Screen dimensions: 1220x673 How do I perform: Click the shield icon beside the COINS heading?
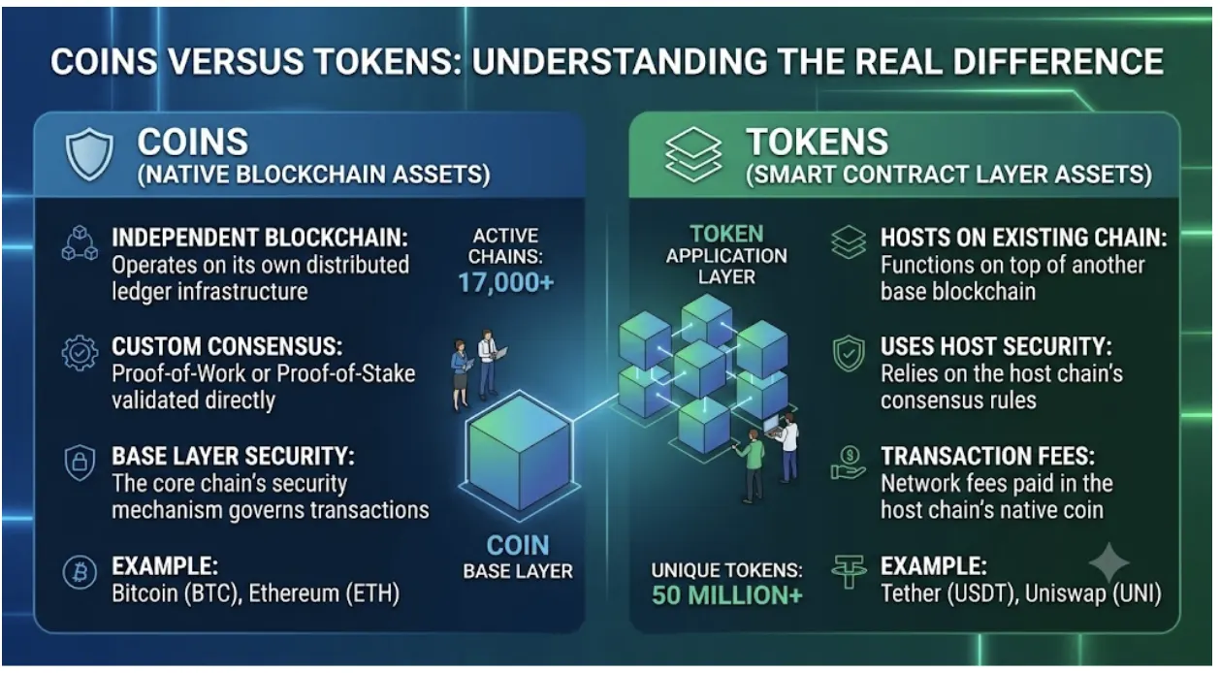click(89, 154)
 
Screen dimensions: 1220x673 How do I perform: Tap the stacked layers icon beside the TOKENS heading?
click(693, 154)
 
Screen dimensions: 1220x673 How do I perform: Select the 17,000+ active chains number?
click(506, 282)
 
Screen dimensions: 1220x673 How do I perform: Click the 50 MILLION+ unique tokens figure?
click(727, 595)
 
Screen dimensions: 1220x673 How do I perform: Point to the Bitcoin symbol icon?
click(80, 572)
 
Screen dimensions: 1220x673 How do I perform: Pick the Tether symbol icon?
click(849, 571)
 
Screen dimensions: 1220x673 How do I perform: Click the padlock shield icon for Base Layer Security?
click(80, 463)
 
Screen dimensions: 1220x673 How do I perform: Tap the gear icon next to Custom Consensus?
click(80, 353)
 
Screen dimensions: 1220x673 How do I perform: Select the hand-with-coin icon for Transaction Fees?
click(849, 463)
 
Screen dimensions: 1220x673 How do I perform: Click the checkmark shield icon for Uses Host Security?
click(849, 353)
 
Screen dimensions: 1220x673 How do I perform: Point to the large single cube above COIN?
click(519, 453)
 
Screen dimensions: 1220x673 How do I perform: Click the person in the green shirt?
click(752, 465)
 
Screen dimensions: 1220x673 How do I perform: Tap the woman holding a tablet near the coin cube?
click(461, 374)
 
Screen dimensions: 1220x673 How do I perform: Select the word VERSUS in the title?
click(236, 61)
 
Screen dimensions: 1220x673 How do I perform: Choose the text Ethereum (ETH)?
click(324, 593)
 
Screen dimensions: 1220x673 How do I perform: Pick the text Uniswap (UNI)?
click(1093, 593)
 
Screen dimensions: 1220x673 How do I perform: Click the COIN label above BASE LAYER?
click(518, 545)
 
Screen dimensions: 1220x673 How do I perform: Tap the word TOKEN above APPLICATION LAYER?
click(726, 234)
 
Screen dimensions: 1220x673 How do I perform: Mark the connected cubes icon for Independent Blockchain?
click(80, 243)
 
